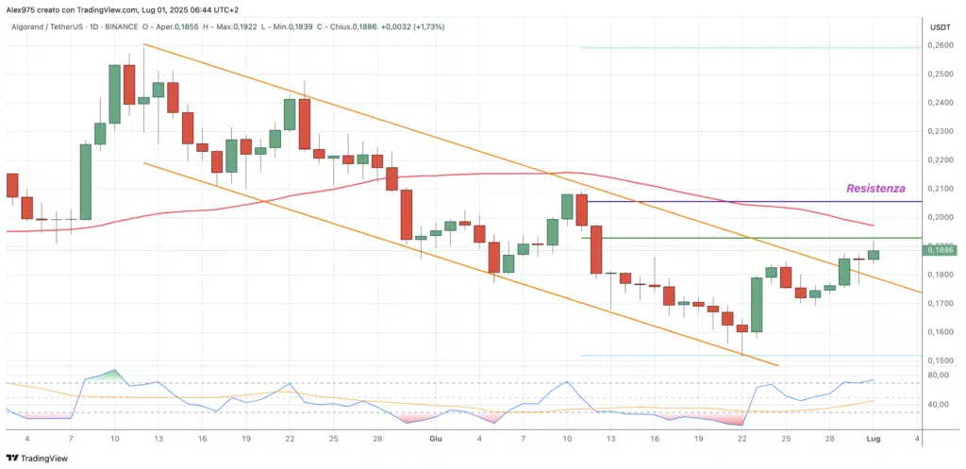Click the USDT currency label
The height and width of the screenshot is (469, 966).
[940, 27]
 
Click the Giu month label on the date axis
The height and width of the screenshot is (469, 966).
[435, 439]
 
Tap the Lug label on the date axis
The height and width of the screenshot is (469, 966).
[874, 439]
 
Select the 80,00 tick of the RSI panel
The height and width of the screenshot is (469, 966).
[940, 375]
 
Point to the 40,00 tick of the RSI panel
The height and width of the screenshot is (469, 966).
[940, 404]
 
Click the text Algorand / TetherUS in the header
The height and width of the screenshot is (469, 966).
[55, 26]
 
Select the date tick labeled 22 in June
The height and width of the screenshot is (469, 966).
[742, 439]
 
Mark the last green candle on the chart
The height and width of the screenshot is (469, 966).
[874, 255]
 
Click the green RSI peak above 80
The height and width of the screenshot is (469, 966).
[113, 374]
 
